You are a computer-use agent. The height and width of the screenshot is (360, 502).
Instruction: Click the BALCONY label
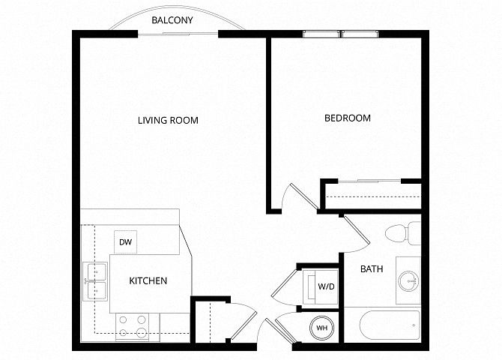pos(172,20)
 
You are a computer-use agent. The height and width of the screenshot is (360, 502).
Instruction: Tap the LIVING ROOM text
pos(168,120)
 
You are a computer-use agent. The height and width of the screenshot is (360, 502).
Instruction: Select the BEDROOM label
pos(348,118)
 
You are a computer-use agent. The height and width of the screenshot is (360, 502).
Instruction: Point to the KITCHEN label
pos(148,280)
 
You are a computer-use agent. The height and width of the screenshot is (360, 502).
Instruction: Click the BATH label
pos(372,268)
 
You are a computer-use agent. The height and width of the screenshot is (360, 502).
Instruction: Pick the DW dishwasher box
pos(126,242)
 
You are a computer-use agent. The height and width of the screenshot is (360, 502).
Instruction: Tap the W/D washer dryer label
pos(326,286)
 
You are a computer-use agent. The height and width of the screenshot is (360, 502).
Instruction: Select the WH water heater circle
pos(321,328)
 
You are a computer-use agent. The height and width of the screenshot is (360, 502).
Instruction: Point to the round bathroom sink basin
pos(409,281)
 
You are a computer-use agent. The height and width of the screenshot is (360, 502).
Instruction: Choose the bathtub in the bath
pos(390,325)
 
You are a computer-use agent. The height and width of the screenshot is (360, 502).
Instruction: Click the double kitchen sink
pos(95,281)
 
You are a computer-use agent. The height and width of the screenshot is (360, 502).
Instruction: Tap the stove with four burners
pos(132,327)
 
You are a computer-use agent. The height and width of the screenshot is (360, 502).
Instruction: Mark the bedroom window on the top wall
pos(340,34)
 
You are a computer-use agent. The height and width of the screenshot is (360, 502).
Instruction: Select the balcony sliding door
pos(178,33)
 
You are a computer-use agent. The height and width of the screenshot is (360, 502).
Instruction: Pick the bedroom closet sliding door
pos(369,181)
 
